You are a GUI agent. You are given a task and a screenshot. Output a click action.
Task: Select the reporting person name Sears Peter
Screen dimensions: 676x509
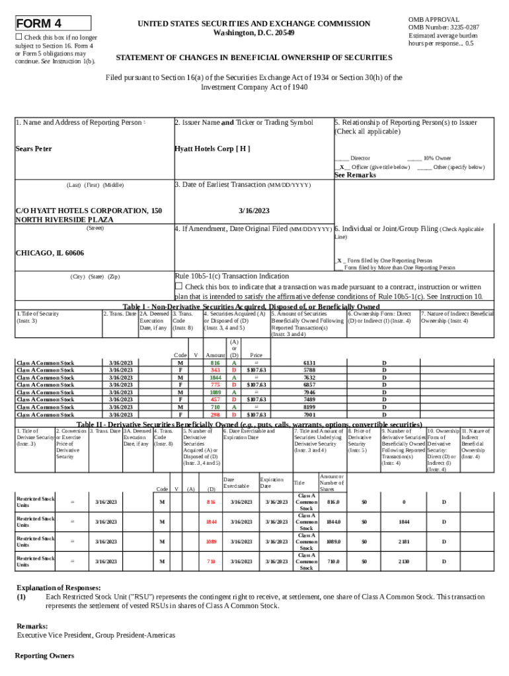pyautogui.click(x=34, y=149)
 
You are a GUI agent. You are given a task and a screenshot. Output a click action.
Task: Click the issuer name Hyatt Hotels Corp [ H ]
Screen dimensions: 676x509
pyautogui.click(x=212, y=149)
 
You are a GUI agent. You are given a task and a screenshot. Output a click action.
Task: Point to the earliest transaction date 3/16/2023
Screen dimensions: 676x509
pyautogui.click(x=254, y=211)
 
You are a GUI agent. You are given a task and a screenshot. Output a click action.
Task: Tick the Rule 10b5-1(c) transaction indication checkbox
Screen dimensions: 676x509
pyautogui.click(x=178, y=286)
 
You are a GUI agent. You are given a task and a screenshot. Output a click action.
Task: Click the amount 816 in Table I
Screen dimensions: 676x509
pyautogui.click(x=215, y=363)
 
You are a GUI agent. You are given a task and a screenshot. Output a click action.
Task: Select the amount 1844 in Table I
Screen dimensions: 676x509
pyautogui.click(x=215, y=378)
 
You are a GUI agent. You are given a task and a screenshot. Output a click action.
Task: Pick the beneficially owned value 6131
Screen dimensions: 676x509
pyautogui.click(x=309, y=363)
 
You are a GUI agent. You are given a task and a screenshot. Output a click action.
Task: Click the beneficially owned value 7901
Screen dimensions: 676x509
pyautogui.click(x=309, y=415)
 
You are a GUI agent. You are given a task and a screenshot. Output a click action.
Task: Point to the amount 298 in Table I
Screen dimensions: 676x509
pyautogui.click(x=215, y=415)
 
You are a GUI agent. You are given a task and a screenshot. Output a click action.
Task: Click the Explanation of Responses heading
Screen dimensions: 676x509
pyautogui.click(x=59, y=587)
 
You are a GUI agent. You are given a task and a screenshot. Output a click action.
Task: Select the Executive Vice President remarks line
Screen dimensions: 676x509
pyautogui.click(x=96, y=634)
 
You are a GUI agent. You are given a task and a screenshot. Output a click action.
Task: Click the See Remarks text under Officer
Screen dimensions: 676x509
pyautogui.click(x=355, y=176)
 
